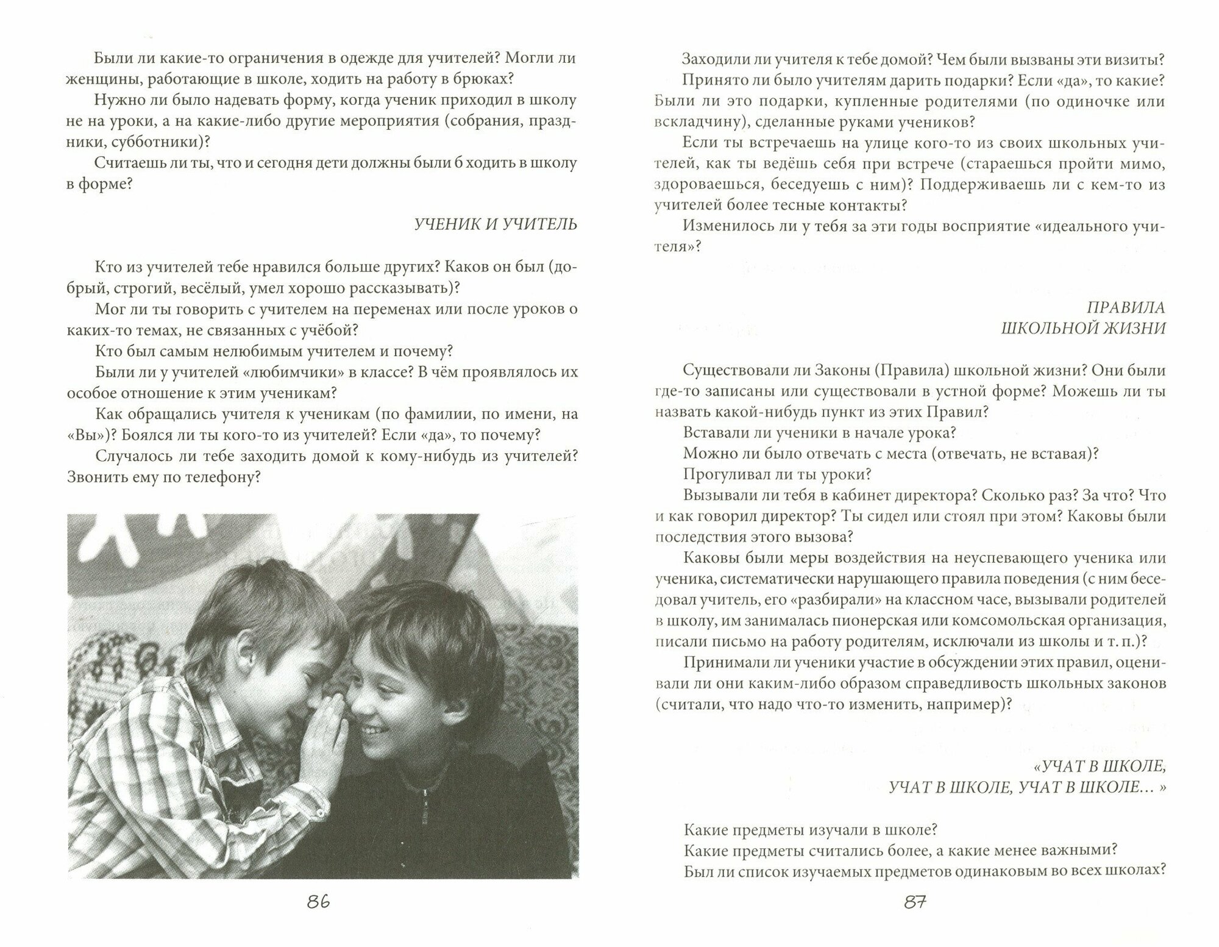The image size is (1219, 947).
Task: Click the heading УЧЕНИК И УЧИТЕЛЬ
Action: click(496, 224)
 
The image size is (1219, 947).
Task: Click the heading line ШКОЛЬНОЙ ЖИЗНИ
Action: click(1083, 328)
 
